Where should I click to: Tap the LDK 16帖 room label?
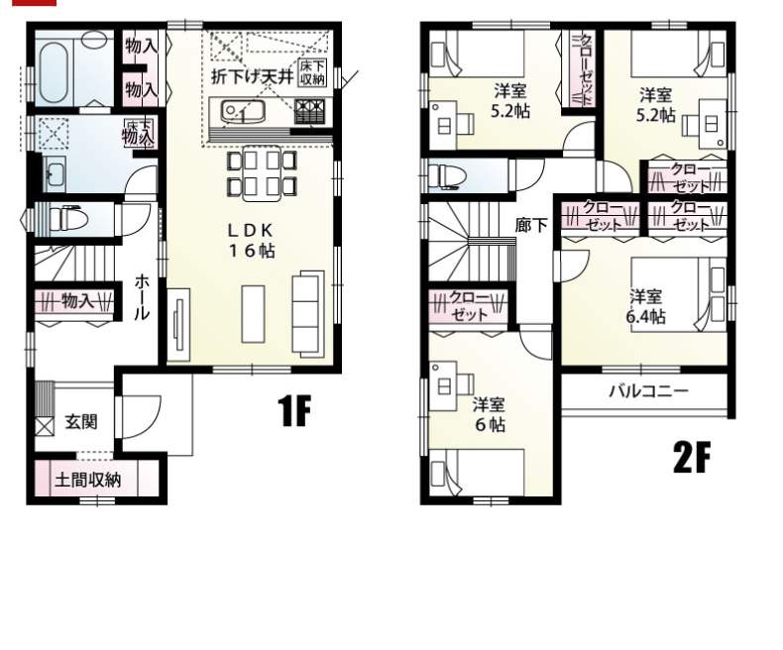[251, 240]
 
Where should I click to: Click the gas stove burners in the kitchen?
[309, 110]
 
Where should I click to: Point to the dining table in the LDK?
[262, 172]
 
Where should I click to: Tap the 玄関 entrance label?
[81, 422]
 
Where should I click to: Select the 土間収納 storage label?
[88, 480]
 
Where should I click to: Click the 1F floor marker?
[294, 410]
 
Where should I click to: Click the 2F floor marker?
[691, 459]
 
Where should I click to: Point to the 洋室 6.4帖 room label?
[645, 306]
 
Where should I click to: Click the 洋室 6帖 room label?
[490, 414]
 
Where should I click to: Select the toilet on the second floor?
[446, 175]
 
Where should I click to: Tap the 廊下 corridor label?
[531, 226]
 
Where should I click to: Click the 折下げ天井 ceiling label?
[252, 76]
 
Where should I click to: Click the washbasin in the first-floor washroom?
[55, 173]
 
